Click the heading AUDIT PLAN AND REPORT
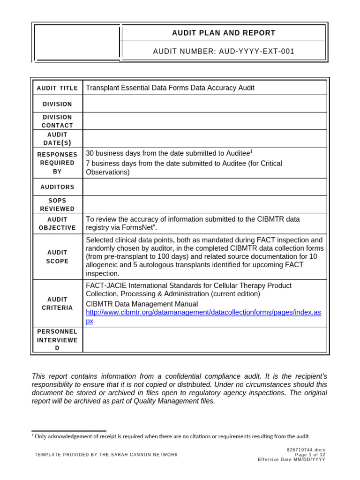click(224, 33)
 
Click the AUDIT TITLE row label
click(57, 88)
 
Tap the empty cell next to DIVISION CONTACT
click(204, 121)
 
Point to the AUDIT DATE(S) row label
click(57, 139)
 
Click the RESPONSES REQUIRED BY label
click(57, 163)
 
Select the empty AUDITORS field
click(204, 187)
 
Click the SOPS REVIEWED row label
click(57, 204)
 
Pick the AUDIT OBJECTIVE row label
click(57, 224)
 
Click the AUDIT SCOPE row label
click(57, 256)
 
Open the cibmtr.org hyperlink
click(203, 313)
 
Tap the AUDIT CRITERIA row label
click(57, 303)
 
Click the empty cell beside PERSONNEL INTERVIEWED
click(204, 339)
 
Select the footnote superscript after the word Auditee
click(251, 151)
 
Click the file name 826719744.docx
click(306, 450)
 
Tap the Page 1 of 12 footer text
click(310, 455)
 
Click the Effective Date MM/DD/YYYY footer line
click(291, 460)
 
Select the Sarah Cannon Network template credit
click(106, 455)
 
